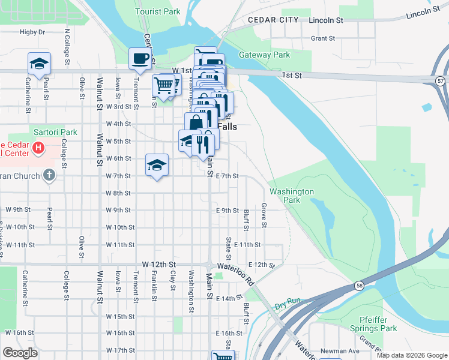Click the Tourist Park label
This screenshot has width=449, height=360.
[x=158, y=11]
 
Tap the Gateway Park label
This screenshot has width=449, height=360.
[x=264, y=55]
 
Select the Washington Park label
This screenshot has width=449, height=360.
[x=292, y=196]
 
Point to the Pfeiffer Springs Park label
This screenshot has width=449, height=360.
[x=379, y=324]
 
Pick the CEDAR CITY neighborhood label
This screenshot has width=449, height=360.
[x=274, y=20]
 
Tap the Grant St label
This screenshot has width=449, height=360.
[x=323, y=38]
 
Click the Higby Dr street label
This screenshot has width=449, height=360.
[x=32, y=32]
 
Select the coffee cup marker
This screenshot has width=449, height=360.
[x=140, y=59]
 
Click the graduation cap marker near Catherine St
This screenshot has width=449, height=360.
[x=39, y=63]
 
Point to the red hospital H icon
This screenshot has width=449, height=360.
[x=38, y=148]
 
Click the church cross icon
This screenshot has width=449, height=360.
[x=49, y=175]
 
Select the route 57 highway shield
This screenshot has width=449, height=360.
[x=442, y=80]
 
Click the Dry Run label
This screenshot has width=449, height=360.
[x=288, y=306]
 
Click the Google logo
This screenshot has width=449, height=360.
[x=20, y=353]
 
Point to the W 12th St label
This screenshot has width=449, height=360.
[x=158, y=264]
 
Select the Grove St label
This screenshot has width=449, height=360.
[x=264, y=215]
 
